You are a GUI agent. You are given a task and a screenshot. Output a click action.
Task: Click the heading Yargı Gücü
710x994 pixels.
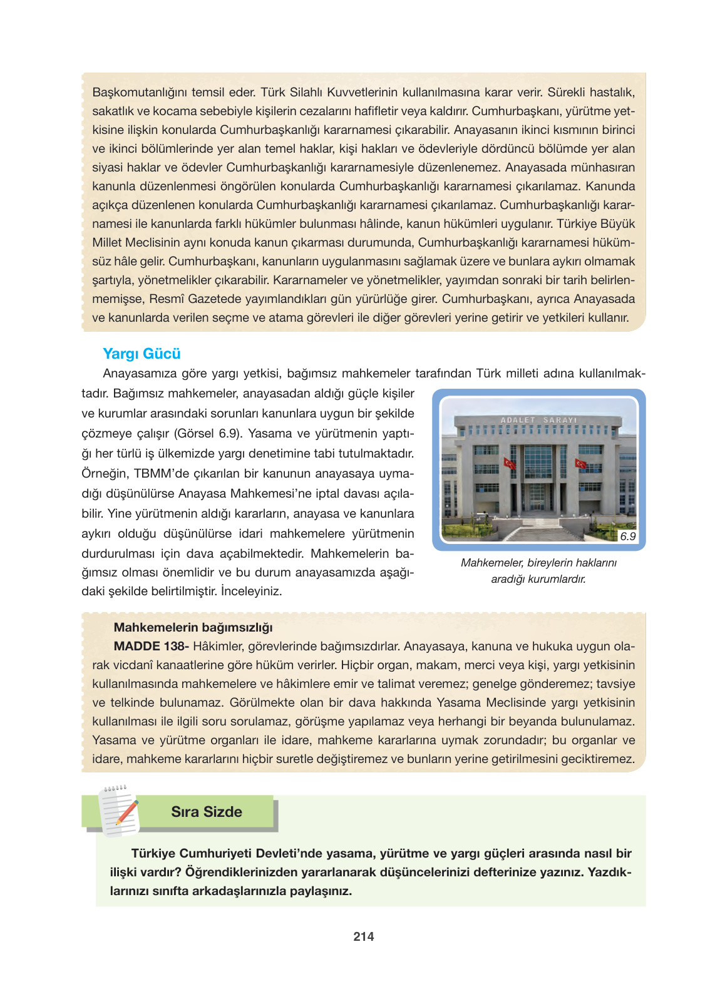coord(141,354)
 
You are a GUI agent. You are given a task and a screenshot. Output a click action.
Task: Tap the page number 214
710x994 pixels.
coord(364,936)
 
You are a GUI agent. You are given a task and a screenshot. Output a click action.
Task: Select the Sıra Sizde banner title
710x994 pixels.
coord(207,812)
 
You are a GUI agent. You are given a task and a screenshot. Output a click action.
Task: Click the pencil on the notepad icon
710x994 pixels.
coord(127,812)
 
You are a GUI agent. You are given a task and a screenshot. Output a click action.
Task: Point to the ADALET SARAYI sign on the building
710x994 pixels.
coord(538,419)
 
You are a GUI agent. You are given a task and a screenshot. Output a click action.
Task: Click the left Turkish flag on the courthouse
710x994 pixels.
coord(510,463)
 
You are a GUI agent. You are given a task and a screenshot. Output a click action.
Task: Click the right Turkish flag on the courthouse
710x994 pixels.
coord(580,464)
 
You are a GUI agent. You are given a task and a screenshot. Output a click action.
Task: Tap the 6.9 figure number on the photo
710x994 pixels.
coord(627,536)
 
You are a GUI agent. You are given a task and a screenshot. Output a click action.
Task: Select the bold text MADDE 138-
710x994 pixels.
coord(151,646)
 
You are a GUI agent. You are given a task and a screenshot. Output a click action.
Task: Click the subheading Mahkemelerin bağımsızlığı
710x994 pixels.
coord(193,627)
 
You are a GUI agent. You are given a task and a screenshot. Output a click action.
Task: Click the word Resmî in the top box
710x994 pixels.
coord(167,299)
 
